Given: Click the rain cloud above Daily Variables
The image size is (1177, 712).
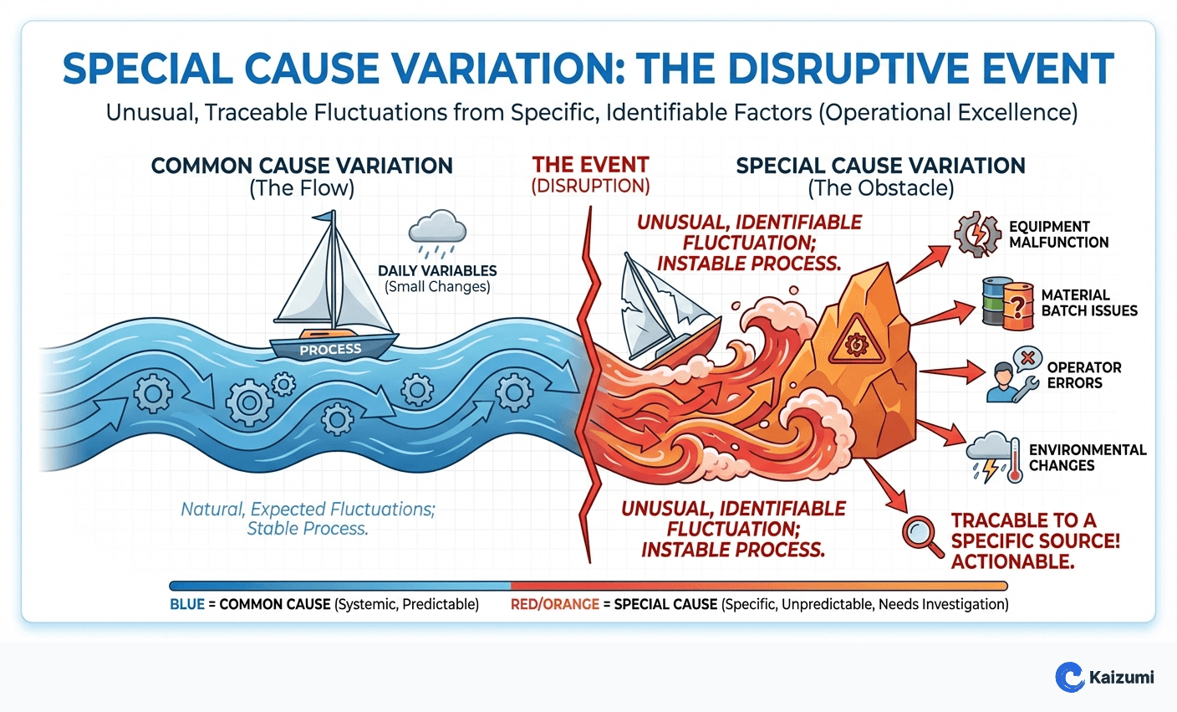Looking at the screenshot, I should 437,230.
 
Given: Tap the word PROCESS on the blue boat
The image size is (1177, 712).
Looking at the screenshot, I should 331,350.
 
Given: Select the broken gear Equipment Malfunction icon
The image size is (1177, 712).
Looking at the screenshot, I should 977,234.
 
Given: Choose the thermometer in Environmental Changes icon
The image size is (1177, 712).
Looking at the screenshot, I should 1015,459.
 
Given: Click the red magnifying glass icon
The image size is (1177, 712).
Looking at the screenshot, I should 921,533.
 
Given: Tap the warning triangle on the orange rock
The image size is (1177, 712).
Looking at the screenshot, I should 854,341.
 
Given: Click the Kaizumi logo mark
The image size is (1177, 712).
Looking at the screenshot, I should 1070,677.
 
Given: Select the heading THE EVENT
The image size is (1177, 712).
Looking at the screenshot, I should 590,165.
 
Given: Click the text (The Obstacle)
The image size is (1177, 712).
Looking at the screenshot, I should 880,188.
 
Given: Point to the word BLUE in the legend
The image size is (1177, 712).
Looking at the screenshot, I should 187,604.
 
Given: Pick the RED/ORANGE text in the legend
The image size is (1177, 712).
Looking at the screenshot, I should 555,604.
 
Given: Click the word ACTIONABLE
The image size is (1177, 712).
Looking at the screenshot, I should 1012,561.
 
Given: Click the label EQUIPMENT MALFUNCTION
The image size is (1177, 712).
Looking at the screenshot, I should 1058,234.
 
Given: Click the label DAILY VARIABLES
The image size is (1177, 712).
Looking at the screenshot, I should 437,271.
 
